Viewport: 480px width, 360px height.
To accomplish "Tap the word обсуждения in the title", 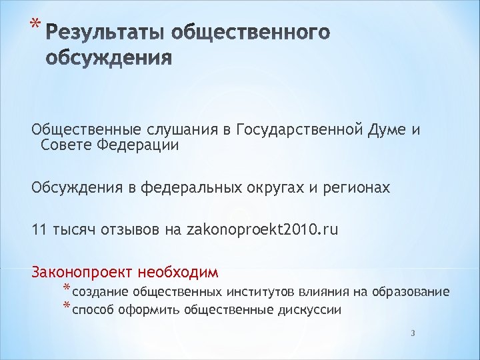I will [x=110, y=59].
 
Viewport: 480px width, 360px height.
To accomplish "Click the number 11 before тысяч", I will [x=39, y=231].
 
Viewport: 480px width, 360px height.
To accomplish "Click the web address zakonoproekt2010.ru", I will [x=262, y=231].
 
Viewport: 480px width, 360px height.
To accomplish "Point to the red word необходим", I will [x=178, y=273].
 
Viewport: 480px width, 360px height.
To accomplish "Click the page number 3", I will [x=413, y=333].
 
